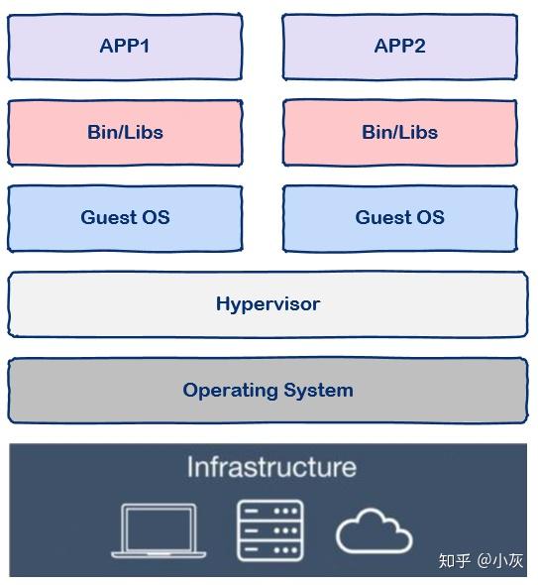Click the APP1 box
125,47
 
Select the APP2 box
399,47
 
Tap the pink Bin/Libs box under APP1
125,132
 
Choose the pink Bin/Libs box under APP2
399,132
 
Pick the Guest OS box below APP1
125,217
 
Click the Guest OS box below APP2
399,217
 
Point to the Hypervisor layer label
268,304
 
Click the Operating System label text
268,390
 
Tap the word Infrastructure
270,467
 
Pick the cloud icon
374,533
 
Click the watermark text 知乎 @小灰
481,560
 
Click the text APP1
125,47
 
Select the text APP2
399,47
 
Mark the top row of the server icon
269,512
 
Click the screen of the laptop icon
160,526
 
